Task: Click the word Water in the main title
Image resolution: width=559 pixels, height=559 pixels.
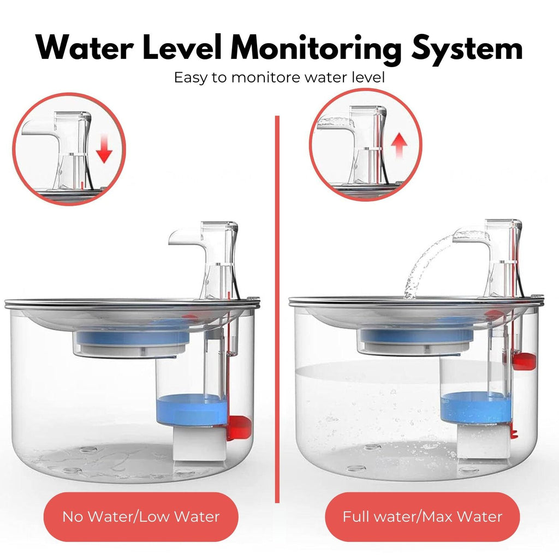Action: [x=85, y=47]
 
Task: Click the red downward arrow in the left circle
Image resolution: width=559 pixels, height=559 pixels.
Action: [x=104, y=148]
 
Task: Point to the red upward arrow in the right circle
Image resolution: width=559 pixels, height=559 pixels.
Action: [x=399, y=145]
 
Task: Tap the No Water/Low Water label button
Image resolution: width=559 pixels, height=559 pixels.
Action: [x=141, y=516]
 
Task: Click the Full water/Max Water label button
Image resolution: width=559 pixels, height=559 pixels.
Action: [x=423, y=516]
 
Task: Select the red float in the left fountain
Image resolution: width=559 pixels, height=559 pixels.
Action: [x=238, y=427]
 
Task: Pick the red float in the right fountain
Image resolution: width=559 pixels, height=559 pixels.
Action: [x=524, y=361]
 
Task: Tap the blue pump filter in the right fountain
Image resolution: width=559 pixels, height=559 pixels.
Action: [x=475, y=407]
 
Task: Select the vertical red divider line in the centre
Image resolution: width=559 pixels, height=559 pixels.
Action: [x=277, y=309]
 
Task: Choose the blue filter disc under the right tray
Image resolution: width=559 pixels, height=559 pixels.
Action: [x=416, y=335]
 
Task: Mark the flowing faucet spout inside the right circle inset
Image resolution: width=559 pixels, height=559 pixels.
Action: [x=335, y=123]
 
